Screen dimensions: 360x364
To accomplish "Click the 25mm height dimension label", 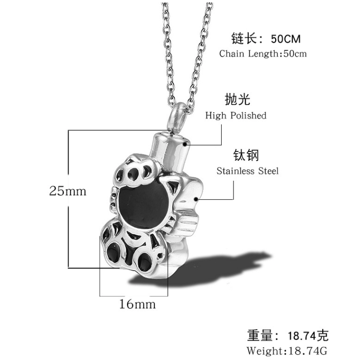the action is tap(68, 191).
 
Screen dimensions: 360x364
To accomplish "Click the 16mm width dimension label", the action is tap(137, 304).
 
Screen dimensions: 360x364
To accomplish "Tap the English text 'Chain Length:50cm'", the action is tap(263, 53).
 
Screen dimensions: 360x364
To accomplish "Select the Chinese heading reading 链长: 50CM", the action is tap(266, 39).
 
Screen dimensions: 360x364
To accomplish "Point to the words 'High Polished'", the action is tap(235, 116).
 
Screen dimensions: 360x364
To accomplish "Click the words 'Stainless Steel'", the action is tap(248, 171).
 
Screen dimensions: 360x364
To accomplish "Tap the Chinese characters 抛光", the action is tap(237, 99).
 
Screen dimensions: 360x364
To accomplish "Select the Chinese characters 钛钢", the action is tap(246, 155).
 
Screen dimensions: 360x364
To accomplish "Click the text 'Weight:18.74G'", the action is tap(287, 350).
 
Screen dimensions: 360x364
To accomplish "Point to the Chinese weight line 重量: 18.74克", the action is tap(288, 335).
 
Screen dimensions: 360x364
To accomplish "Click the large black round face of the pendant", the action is tap(144, 207).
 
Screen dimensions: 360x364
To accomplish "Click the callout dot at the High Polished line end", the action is tap(185, 145).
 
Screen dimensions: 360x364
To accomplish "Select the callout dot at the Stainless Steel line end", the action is tap(196, 199).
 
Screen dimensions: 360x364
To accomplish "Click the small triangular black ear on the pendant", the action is tap(173, 187).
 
